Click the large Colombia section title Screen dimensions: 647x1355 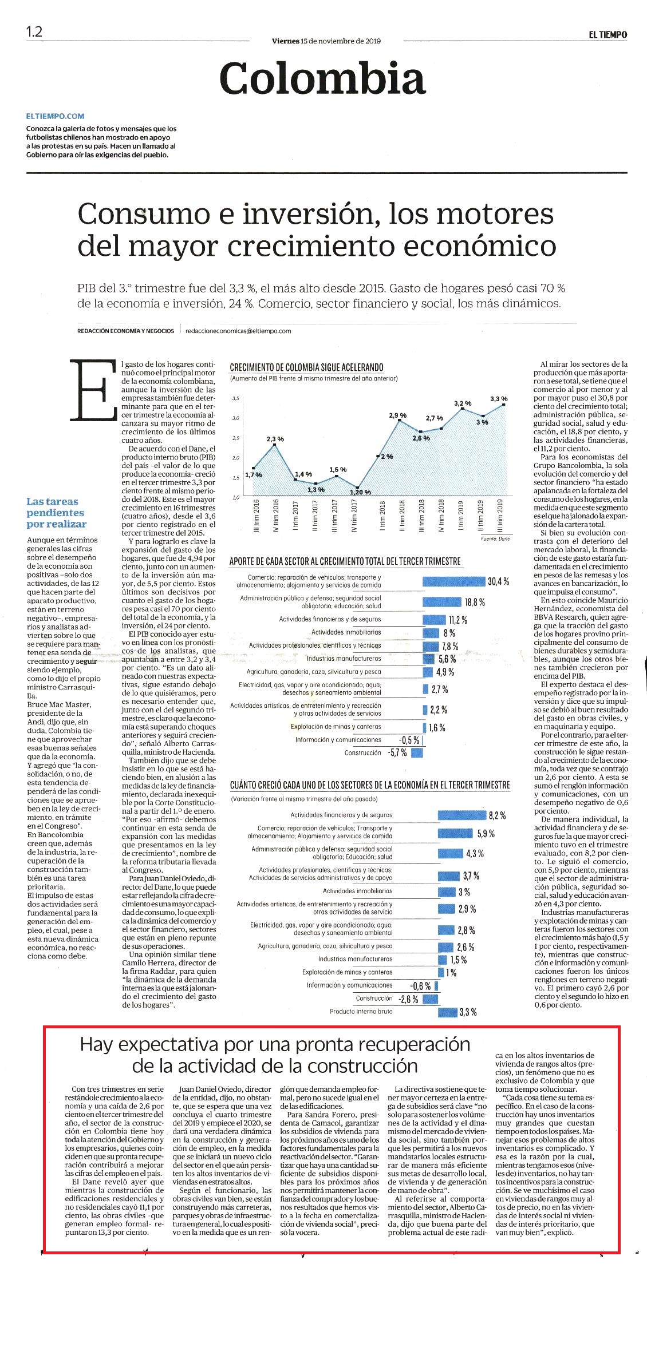323,78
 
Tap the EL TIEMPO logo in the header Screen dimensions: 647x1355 608,34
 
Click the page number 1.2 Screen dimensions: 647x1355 34,31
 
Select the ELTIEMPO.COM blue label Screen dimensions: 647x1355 55,116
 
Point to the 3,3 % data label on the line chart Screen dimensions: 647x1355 499,399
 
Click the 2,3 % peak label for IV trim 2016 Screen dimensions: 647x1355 275,439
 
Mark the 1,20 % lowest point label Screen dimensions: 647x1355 360,492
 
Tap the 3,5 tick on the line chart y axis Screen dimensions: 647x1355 236,398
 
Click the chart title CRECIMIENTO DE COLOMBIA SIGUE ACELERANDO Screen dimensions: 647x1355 306,367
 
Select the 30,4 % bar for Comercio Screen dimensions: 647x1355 453,582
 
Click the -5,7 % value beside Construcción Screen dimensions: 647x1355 397,753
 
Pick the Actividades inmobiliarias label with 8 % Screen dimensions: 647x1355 346,632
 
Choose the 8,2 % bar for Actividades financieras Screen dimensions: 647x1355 461,815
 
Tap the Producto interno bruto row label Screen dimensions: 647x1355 361,1012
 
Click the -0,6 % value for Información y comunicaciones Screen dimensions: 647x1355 421,986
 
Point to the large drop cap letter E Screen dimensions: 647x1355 93,390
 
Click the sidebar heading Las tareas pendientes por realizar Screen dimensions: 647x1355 56,513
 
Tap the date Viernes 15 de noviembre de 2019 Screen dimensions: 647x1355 326,41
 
